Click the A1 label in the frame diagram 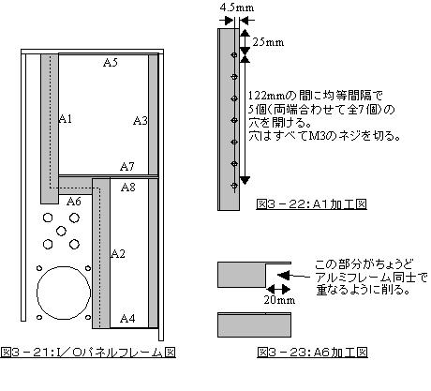(x=66, y=119)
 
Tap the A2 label (x=118, y=253)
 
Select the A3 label (x=141, y=120)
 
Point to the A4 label (x=127, y=319)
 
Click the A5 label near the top (x=111, y=63)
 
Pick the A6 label (x=74, y=202)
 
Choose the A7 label (x=127, y=167)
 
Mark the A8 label (x=128, y=188)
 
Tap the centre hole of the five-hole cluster (x=61, y=232)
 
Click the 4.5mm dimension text (x=237, y=8)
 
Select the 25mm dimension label (x=268, y=42)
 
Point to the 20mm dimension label (x=279, y=300)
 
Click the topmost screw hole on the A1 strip (x=234, y=55)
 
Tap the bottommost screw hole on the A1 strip (x=234, y=186)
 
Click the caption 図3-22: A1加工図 (x=311, y=204)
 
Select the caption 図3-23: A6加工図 (x=312, y=353)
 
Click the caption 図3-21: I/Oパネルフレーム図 (x=88, y=353)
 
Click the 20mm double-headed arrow (x=278, y=289)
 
